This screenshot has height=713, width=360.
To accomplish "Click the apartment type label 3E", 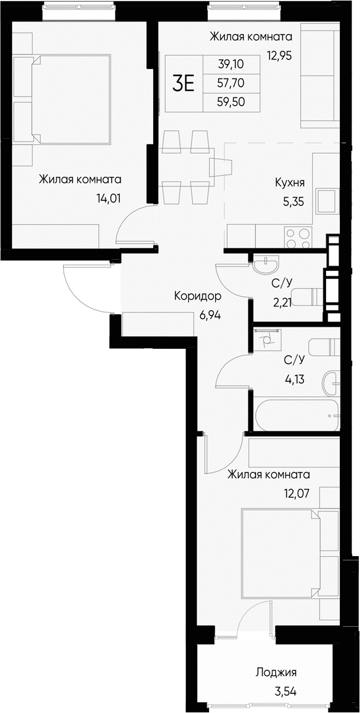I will point(183,84).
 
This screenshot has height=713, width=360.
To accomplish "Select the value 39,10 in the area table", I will point(230,64).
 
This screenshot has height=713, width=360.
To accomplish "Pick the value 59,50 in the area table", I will point(230,102).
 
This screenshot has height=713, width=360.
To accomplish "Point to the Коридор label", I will point(198,296).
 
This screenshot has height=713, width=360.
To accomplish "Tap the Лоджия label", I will point(276,673).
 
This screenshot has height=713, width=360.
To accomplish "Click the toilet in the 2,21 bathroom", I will point(307,295).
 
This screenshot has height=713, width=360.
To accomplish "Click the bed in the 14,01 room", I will point(65,99).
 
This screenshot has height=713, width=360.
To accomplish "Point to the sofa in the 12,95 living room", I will point(320,75).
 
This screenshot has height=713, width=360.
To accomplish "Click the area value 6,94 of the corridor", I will point(210,316).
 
